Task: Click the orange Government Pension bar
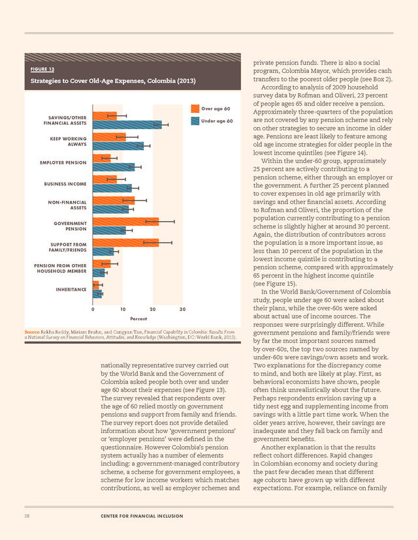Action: coord(126,222)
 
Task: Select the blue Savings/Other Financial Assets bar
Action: coord(127,125)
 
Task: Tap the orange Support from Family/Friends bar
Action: coord(126,243)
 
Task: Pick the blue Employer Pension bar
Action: coord(114,167)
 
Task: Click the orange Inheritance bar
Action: coord(96,285)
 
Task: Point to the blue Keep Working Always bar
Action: coord(118,146)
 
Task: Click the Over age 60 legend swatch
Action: coord(195,108)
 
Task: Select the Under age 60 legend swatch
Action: coord(195,121)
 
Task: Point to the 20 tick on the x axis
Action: coord(153,309)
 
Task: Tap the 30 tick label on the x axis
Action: coord(183,309)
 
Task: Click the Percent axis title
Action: coord(138,319)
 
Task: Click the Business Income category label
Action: coord(65,184)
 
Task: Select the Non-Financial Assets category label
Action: coord(67,205)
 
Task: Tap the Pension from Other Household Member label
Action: coord(60,268)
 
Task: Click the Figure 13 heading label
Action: coord(42,69)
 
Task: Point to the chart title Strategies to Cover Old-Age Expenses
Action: coord(113,81)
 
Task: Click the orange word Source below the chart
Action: coord(32,333)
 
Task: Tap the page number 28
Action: coord(27,516)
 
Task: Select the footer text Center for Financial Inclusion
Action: coord(142,516)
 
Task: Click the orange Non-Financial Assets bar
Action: coord(114,200)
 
